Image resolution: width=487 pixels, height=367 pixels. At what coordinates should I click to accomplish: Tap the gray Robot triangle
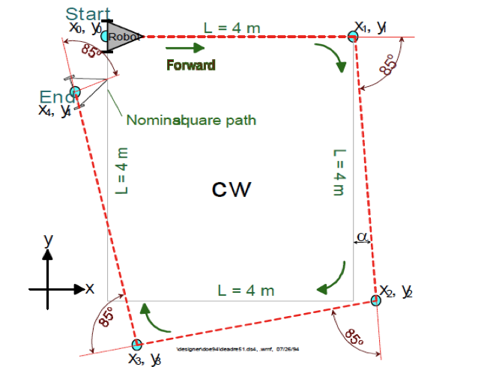pos(119,36)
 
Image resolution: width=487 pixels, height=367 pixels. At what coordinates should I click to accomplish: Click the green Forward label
pos(190,65)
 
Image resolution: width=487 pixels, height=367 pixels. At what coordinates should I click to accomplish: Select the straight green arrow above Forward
pos(187,49)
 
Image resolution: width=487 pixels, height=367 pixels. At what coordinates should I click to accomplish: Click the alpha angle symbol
pos(362,237)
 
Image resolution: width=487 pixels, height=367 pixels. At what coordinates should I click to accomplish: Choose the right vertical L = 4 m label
pos(338,172)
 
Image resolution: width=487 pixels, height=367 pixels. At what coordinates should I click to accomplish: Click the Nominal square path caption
pos(191,120)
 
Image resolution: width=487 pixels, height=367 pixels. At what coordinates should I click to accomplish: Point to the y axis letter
pos(47,240)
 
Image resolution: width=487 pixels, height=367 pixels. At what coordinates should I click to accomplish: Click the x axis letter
pos(89,288)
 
